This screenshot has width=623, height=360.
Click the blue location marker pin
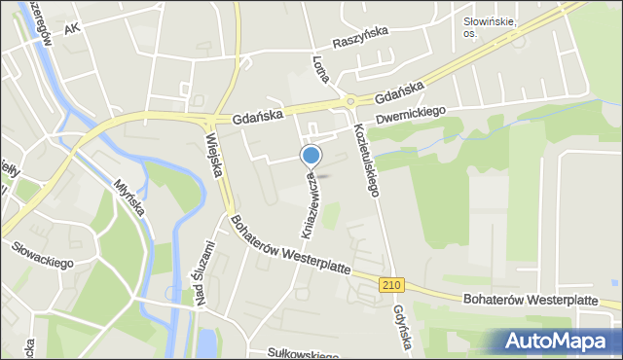[311, 156]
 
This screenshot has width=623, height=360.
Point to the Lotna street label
[316, 69]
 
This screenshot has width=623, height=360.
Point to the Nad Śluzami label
[205, 272]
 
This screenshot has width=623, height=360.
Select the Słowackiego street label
[43, 262]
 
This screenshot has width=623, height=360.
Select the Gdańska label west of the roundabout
[257, 116]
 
